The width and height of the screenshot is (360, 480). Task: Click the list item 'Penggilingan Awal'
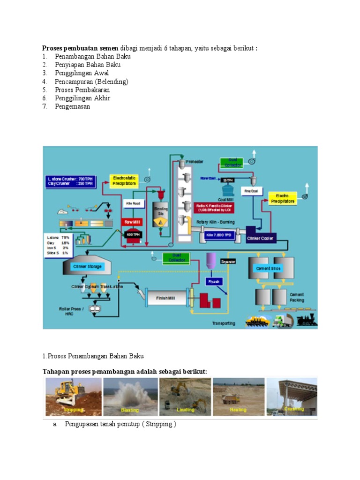click(x=82, y=73)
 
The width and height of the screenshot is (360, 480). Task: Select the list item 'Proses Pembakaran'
click(x=82, y=90)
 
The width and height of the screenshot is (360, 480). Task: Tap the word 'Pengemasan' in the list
click(x=72, y=106)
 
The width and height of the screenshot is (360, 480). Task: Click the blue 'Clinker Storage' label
click(x=87, y=267)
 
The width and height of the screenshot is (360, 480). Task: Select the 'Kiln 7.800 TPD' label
click(x=218, y=234)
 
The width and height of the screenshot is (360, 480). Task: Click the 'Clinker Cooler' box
click(x=260, y=238)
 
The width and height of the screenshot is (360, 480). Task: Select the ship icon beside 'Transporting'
click(x=259, y=321)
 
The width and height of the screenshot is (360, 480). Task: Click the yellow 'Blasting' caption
click(x=130, y=410)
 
